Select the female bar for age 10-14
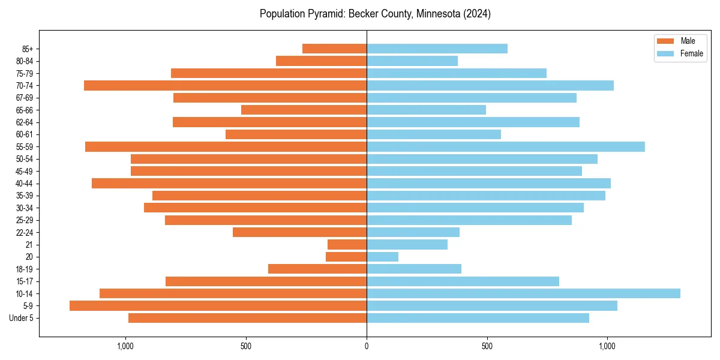(x=523, y=293)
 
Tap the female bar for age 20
(x=382, y=257)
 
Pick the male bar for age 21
(x=347, y=245)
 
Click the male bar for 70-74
(x=225, y=86)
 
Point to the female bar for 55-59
(x=505, y=147)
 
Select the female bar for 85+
(x=437, y=49)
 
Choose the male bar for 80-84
(x=321, y=61)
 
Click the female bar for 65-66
(x=426, y=110)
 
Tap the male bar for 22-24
(x=299, y=232)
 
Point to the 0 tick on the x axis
(x=367, y=346)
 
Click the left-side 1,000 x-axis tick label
(x=125, y=346)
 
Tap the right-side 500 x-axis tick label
(x=487, y=346)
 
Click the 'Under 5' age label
(x=21, y=318)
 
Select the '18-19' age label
(x=25, y=269)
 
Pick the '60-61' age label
(x=25, y=135)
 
